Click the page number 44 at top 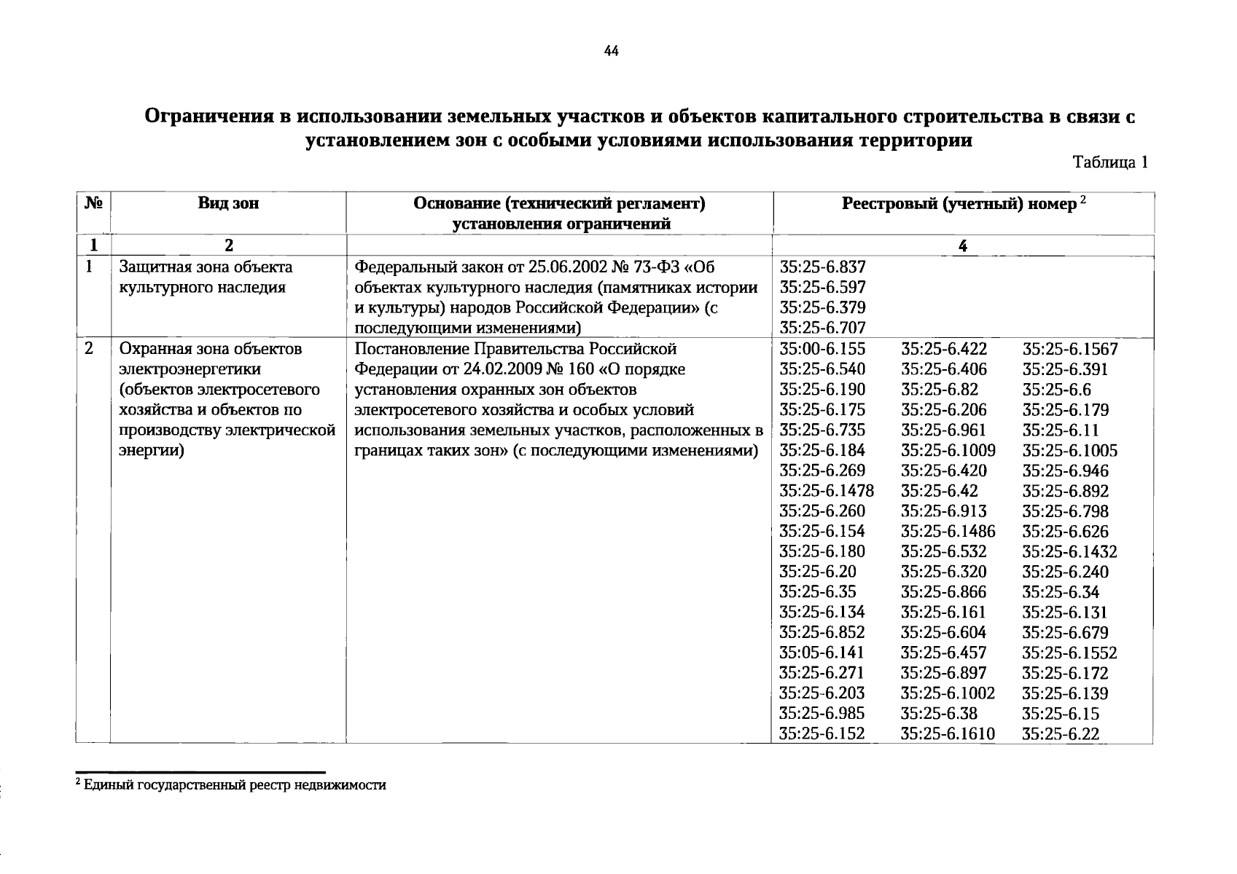coord(611,50)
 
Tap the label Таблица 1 coord(1110,162)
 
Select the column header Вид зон coord(227,203)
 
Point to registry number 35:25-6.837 coord(822,267)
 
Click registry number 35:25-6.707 coord(822,328)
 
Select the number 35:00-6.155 coord(822,349)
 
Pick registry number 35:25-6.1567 coord(1069,349)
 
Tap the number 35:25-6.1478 coord(827,491)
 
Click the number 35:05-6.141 coord(822,653)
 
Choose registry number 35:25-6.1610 coord(948,734)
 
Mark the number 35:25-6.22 coord(1060,734)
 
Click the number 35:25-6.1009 coord(948,451)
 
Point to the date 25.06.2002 coord(566,267)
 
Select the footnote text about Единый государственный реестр coord(234,785)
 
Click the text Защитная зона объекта coord(206,267)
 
